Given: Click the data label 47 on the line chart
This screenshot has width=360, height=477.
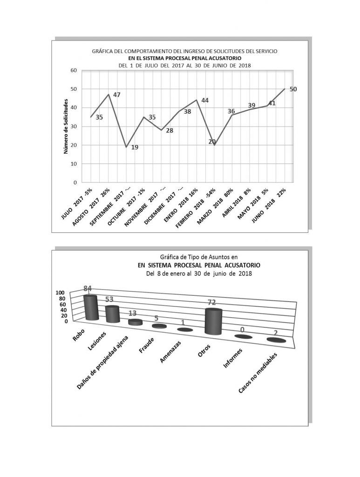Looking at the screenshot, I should (117, 95).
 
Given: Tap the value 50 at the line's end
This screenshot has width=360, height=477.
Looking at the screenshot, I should (293, 89).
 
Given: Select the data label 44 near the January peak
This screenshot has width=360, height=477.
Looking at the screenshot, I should (204, 101).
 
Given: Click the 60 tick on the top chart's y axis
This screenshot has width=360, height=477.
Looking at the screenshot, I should (73, 70).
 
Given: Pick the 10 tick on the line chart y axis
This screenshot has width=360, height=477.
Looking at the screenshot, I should (73, 164).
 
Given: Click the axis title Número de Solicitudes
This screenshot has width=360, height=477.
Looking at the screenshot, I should (66, 127).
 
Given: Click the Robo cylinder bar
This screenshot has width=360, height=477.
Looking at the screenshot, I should (90, 307).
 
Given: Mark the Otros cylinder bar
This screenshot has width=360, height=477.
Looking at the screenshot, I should (213, 322).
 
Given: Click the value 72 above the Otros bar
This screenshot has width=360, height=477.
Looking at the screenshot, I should (212, 303).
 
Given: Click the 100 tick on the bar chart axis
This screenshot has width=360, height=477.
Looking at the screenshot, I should (62, 293).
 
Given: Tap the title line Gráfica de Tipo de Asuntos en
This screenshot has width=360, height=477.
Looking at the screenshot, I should (198, 256).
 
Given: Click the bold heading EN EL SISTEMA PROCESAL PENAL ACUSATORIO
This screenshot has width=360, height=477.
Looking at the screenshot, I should (185, 58).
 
